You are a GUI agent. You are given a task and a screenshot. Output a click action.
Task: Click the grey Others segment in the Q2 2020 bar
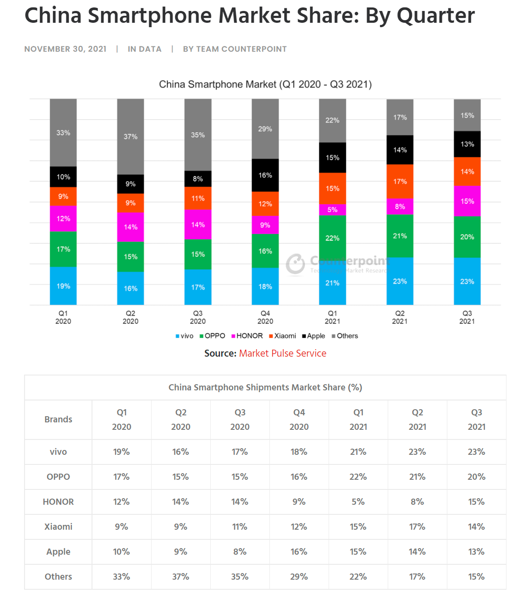pyautogui.click(x=131, y=137)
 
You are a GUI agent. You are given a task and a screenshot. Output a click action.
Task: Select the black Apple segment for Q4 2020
pyautogui.click(x=265, y=175)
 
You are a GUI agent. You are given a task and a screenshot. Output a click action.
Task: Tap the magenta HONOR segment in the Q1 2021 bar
pyautogui.click(x=333, y=209)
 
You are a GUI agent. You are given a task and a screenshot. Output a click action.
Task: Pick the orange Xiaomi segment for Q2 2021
pyautogui.click(x=400, y=181)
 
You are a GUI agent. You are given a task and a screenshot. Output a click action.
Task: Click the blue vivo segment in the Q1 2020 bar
pyautogui.click(x=63, y=286)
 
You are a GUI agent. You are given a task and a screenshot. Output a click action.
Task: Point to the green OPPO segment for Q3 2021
pyautogui.click(x=467, y=237)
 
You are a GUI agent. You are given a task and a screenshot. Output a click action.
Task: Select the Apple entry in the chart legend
pyautogui.click(x=314, y=336)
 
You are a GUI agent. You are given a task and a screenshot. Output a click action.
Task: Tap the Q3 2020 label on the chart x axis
pyautogui.click(x=198, y=317)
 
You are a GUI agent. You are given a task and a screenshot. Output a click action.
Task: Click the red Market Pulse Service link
pyautogui.click(x=283, y=354)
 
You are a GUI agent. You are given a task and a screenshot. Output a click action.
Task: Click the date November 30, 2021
pyautogui.click(x=65, y=49)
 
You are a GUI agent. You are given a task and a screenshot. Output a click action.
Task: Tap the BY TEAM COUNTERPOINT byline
pyautogui.click(x=235, y=49)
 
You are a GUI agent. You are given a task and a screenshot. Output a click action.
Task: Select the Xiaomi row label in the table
pyautogui.click(x=58, y=527)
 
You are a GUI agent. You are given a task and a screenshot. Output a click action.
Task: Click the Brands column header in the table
pyautogui.click(x=58, y=419)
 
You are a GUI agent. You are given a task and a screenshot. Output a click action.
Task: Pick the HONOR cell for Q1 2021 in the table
pyautogui.click(x=358, y=502)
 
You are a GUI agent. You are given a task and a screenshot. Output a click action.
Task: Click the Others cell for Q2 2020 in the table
pyautogui.click(x=181, y=577)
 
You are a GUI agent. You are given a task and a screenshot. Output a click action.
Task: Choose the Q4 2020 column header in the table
pyautogui.click(x=299, y=419)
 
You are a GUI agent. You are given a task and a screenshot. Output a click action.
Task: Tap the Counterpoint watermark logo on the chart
pyautogui.click(x=296, y=264)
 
